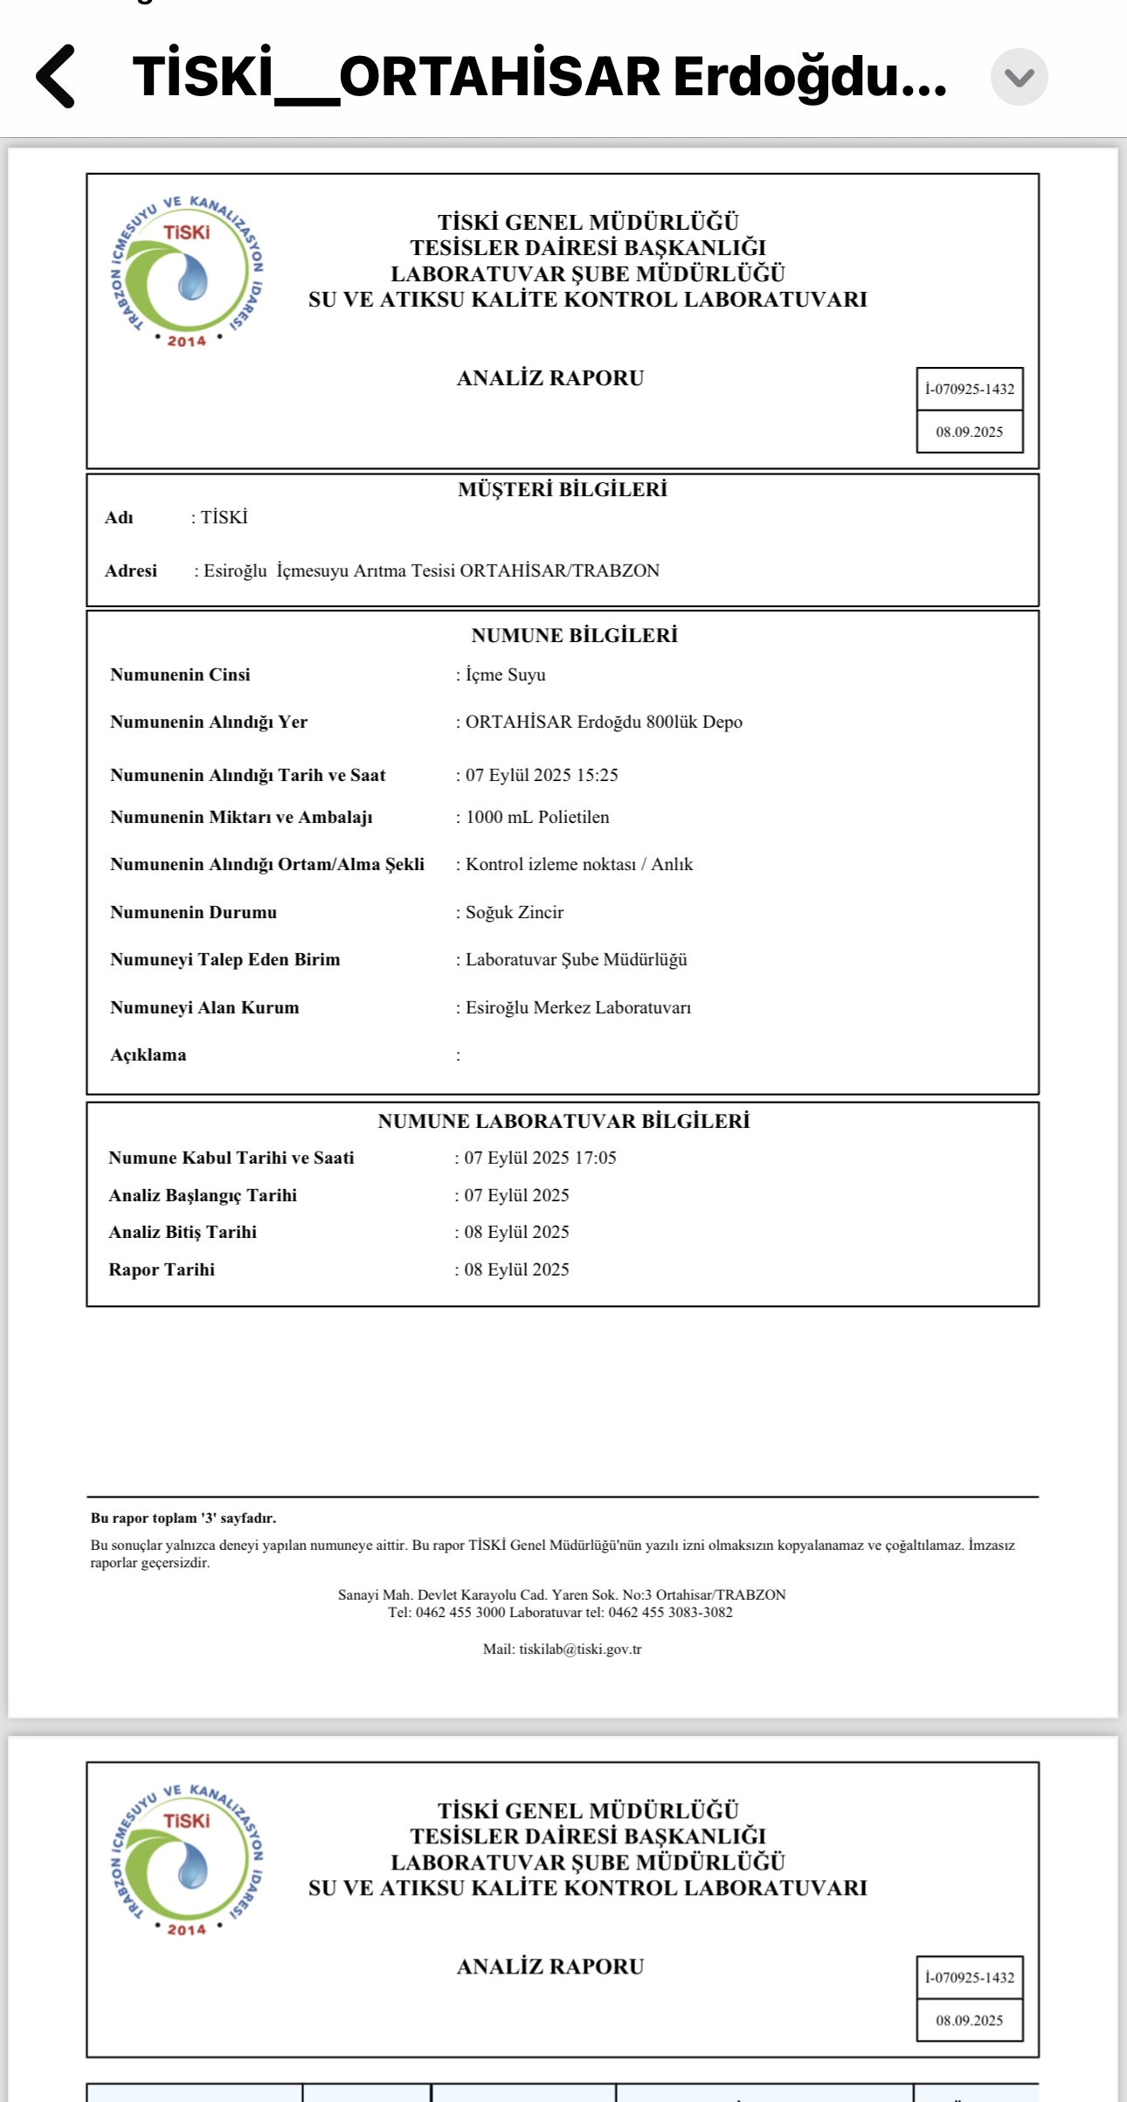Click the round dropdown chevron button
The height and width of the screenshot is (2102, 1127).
pyautogui.click(x=1019, y=77)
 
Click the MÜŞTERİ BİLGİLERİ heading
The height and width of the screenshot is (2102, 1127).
pyautogui.click(x=562, y=489)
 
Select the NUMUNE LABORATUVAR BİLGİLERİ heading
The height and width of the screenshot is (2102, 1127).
pyautogui.click(x=563, y=1121)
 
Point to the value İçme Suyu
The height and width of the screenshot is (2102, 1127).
pyautogui.click(x=505, y=674)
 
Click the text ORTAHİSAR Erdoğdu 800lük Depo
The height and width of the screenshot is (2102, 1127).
pyautogui.click(x=603, y=722)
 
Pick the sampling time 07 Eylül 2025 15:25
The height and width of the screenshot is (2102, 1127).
pyautogui.click(x=541, y=775)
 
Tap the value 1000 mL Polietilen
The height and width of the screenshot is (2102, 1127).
pyautogui.click(x=536, y=817)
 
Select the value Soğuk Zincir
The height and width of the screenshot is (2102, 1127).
pyautogui.click(x=514, y=912)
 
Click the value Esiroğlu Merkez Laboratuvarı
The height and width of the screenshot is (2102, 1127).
pyautogui.click(x=577, y=1007)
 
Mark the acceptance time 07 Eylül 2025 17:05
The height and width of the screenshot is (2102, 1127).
pyautogui.click(x=540, y=1158)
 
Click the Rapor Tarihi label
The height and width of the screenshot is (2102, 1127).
pyautogui.click(x=162, y=1269)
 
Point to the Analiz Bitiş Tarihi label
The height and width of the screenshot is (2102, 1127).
pyautogui.click(x=183, y=1232)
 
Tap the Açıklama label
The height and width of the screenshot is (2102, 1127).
pyautogui.click(x=149, y=1054)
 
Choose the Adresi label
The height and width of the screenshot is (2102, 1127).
pyautogui.click(x=131, y=570)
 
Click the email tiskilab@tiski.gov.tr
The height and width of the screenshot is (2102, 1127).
pyautogui.click(x=580, y=1649)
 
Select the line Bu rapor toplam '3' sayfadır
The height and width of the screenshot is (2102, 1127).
pyautogui.click(x=183, y=1518)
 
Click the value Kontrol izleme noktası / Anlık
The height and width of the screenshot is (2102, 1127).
pyautogui.click(x=578, y=864)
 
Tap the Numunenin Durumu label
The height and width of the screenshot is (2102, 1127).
pyautogui.click(x=193, y=912)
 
